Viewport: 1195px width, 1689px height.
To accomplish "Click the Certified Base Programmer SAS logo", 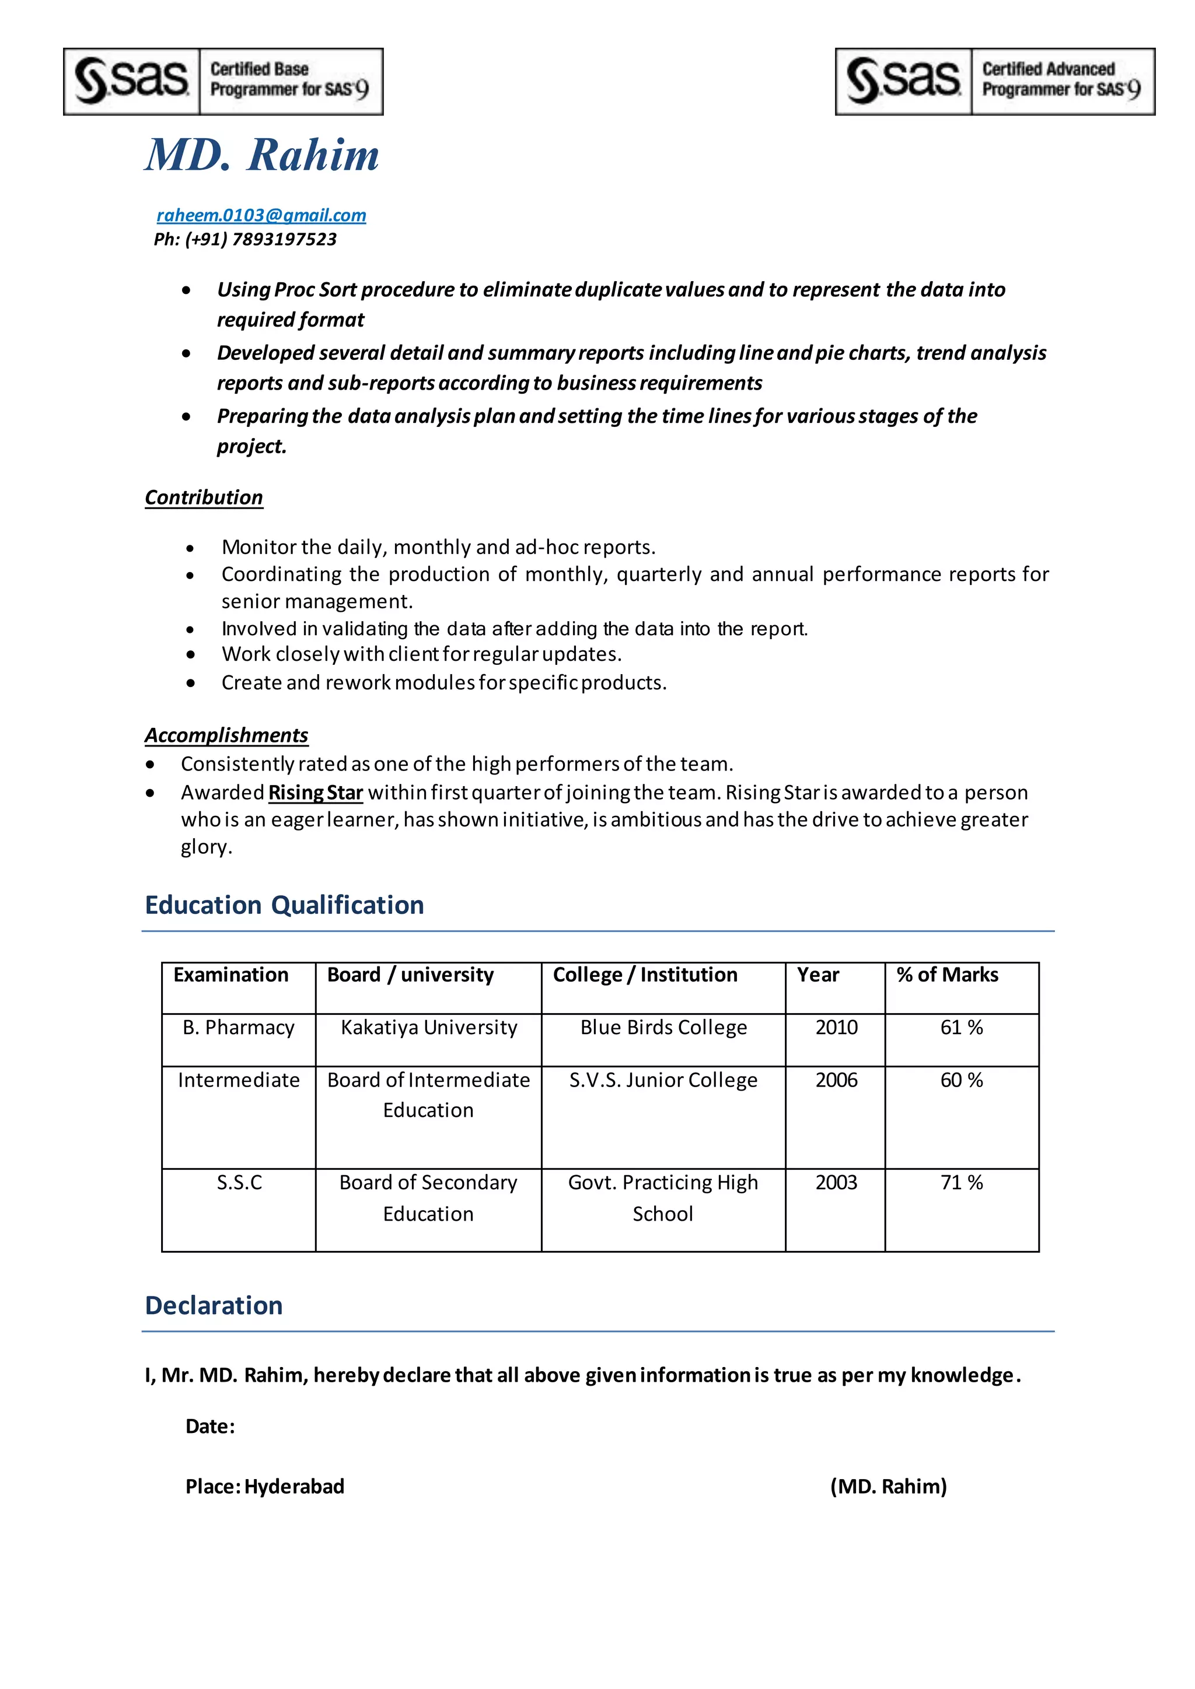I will [x=223, y=82].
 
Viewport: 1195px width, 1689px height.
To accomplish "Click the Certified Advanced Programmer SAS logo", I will [x=995, y=82].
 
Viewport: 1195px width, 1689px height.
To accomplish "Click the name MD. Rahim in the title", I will [x=262, y=155].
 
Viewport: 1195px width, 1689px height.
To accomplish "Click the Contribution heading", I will [x=204, y=497].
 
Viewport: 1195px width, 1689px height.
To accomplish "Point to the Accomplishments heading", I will [x=226, y=735].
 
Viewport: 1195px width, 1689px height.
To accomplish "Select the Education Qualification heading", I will [x=284, y=905].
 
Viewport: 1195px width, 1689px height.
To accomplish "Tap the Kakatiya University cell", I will [x=429, y=1027].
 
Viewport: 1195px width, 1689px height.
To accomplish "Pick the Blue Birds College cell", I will [x=663, y=1027].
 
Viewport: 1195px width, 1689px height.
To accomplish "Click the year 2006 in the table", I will [x=836, y=1080].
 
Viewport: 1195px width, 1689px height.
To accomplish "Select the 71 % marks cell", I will [x=961, y=1182].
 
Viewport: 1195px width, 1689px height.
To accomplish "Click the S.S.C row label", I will [x=239, y=1182].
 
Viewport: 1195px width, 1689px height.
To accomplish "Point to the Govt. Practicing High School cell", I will [x=663, y=1197].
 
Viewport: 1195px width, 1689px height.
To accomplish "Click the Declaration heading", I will [x=214, y=1305].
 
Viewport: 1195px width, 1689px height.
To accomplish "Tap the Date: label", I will [x=209, y=1427].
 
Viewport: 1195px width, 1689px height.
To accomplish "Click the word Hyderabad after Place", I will [x=294, y=1486].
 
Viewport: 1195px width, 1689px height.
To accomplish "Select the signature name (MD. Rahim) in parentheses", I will [x=888, y=1486].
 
